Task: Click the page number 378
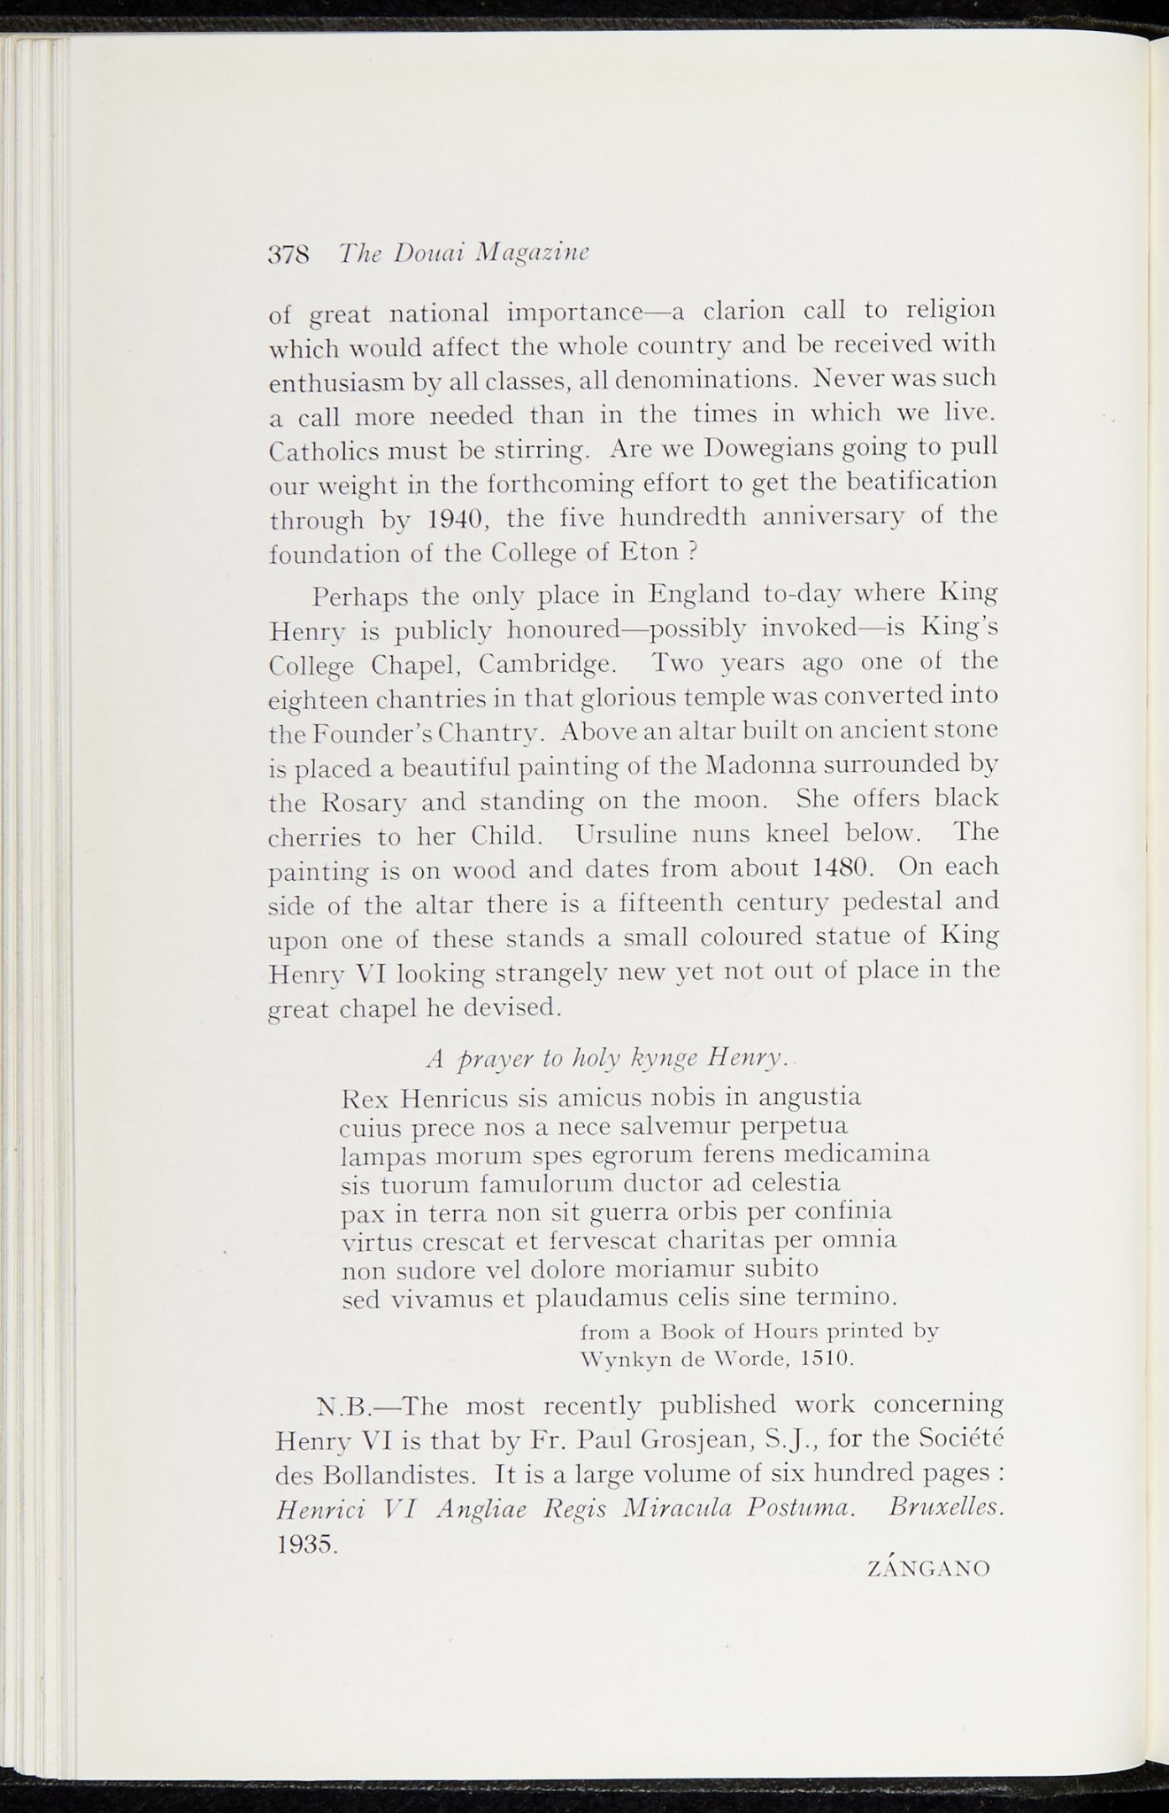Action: click(288, 253)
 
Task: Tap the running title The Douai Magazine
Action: click(465, 253)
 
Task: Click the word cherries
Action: click(315, 837)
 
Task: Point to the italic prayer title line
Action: click(607, 1057)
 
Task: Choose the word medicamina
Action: click(856, 1155)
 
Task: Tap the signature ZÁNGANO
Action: click(928, 1568)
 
